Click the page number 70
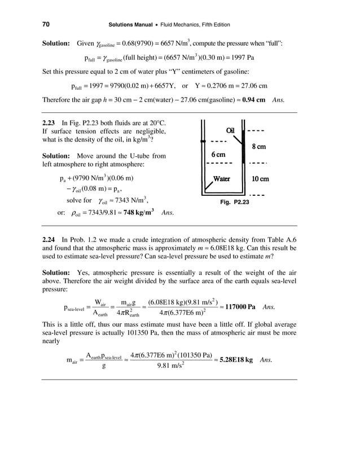(x=46, y=24)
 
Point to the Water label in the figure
(x=221, y=179)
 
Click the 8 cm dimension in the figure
(x=258, y=147)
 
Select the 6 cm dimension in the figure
(x=219, y=155)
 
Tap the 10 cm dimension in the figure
(x=260, y=179)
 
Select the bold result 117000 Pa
(x=239, y=307)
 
